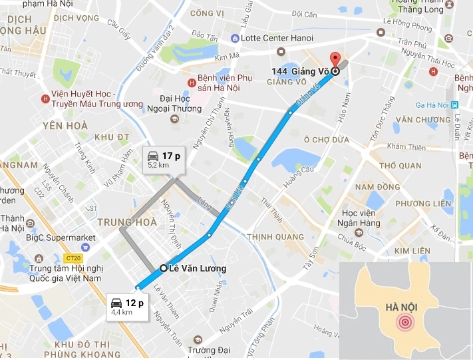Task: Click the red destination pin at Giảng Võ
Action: point(335,59)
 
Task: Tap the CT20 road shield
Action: point(73,258)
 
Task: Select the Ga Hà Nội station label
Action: point(433,105)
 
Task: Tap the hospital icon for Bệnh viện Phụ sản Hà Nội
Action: point(192,83)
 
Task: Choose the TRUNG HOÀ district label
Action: point(126,222)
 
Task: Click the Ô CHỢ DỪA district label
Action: point(327,140)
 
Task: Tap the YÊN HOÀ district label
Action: point(66,124)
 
